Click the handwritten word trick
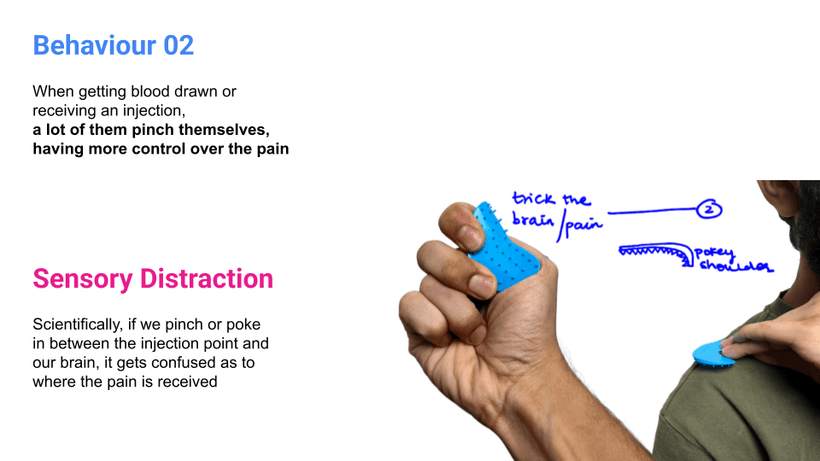(x=532, y=200)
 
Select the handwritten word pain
(x=583, y=224)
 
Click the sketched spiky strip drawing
(x=653, y=250)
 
